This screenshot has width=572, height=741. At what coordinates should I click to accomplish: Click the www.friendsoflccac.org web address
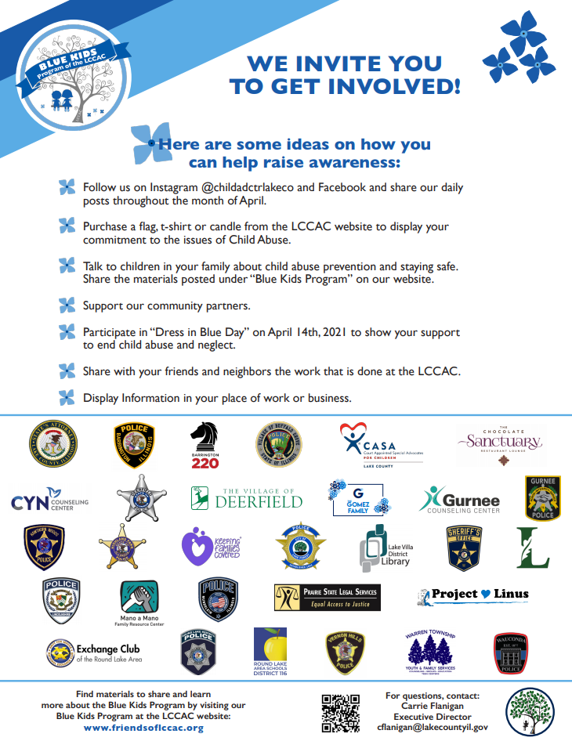tap(143, 728)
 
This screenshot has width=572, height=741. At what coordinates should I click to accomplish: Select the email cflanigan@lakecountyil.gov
tap(433, 728)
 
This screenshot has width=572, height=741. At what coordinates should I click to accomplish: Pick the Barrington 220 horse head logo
tap(205, 445)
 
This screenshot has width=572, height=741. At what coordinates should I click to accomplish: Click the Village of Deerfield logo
tap(246, 497)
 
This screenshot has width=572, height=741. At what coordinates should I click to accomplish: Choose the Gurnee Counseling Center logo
tap(459, 499)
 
